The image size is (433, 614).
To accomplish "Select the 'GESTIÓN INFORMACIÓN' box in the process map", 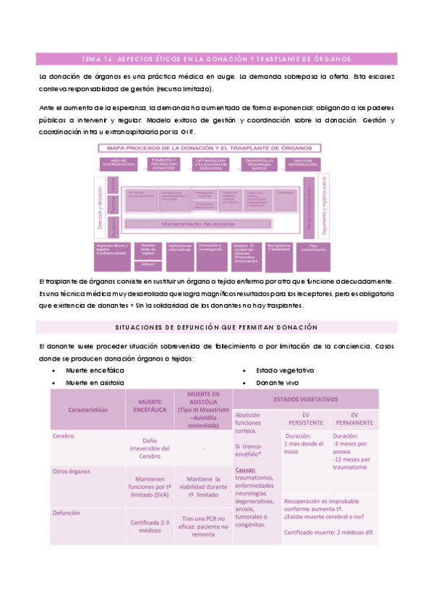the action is (302, 164).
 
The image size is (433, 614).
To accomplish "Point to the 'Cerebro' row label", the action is (65, 437).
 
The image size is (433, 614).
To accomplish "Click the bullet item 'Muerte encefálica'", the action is (94, 370).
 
